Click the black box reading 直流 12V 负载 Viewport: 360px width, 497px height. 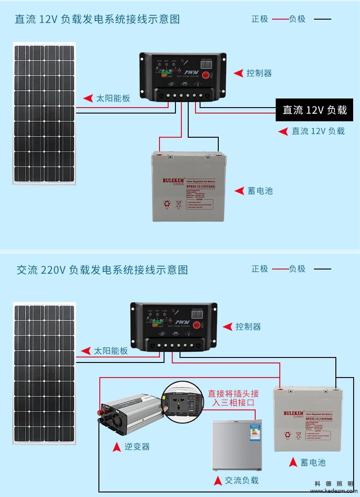coord(314,110)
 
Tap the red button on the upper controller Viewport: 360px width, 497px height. coord(206,74)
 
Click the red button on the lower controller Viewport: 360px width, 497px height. coord(197,325)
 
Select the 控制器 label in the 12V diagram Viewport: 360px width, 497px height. coord(259,73)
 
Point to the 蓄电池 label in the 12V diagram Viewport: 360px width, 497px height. coord(260,191)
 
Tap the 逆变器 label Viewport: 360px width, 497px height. coord(137,446)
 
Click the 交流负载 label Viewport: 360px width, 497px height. coord(242,480)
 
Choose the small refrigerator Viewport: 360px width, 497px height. coord(237,445)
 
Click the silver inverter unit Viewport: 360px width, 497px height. coord(130,413)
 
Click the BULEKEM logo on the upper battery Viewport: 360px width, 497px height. coord(173,181)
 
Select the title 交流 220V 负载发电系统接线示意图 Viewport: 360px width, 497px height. coord(102,270)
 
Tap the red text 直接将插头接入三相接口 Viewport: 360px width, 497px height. coord(233,398)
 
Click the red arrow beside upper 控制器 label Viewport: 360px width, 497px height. coord(238,73)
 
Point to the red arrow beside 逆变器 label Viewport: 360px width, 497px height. coord(117,447)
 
